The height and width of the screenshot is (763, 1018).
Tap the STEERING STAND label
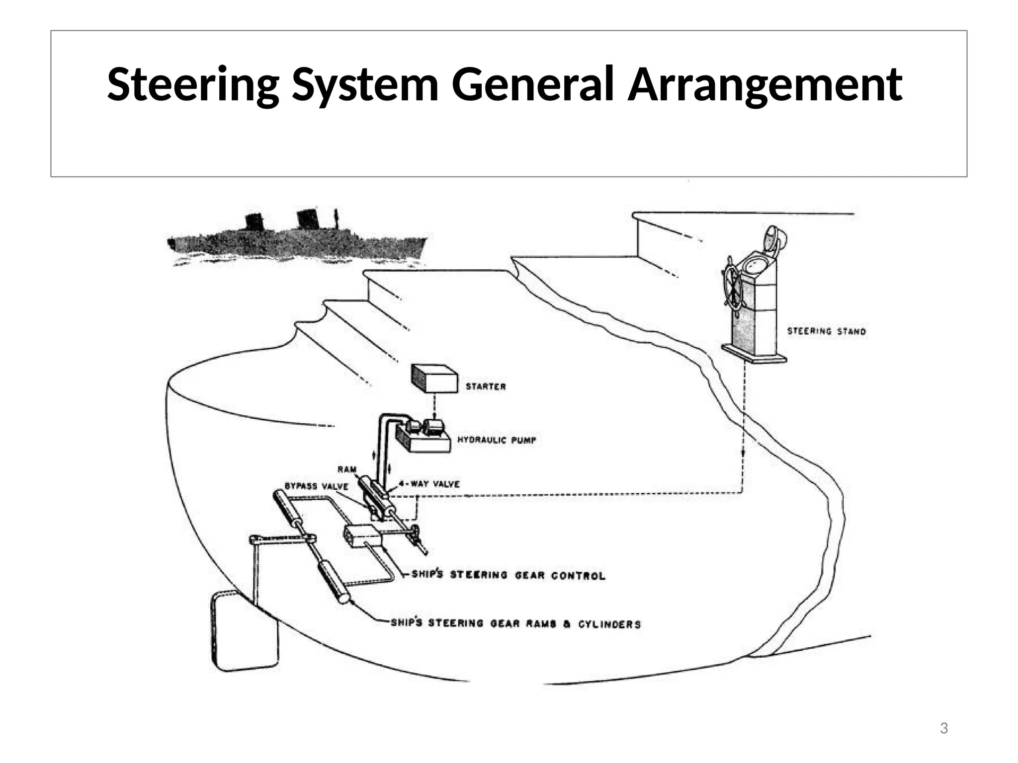tap(826, 331)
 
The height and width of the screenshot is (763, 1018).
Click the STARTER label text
tap(486, 386)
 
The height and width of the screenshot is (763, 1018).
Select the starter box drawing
tap(434, 379)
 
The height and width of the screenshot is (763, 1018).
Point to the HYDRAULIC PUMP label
tap(497, 440)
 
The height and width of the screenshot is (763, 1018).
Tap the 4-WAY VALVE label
tap(429, 484)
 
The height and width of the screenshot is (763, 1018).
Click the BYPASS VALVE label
tap(316, 486)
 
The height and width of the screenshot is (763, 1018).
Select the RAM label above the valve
tap(347, 469)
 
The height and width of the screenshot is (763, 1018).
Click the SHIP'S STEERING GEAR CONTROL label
tap(508, 575)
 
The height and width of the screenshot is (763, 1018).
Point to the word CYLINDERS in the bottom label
tap(609, 624)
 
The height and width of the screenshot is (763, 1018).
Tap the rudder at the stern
tap(244, 631)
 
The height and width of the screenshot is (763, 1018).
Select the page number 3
tap(943, 729)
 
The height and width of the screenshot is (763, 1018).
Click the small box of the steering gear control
tap(362, 536)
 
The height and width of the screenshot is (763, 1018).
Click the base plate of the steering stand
tap(754, 354)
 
